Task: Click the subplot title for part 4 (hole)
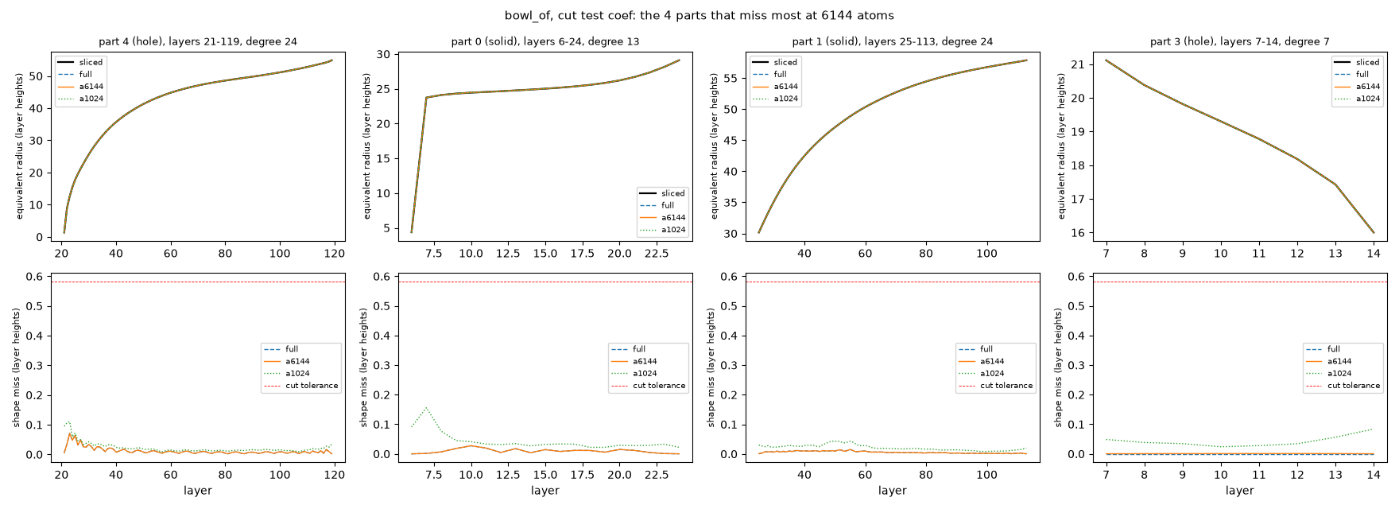click(x=198, y=41)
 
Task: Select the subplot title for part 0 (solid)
click(x=545, y=41)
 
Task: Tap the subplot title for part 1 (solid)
click(x=893, y=41)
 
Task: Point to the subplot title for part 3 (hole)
click(x=1240, y=41)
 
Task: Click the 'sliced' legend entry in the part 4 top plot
click(x=91, y=62)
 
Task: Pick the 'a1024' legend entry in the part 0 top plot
click(x=673, y=230)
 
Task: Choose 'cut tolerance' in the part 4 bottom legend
click(x=312, y=386)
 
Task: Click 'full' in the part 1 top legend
click(x=781, y=74)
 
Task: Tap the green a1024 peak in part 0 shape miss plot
click(x=426, y=408)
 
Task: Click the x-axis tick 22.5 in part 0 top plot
click(x=657, y=254)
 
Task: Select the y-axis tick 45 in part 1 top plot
click(x=730, y=141)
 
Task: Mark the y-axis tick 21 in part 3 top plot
click(x=1077, y=64)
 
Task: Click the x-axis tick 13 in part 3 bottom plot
click(x=1335, y=476)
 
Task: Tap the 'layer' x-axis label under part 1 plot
click(x=893, y=491)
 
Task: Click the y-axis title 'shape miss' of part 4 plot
click(x=17, y=368)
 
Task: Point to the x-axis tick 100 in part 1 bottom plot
click(x=986, y=476)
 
